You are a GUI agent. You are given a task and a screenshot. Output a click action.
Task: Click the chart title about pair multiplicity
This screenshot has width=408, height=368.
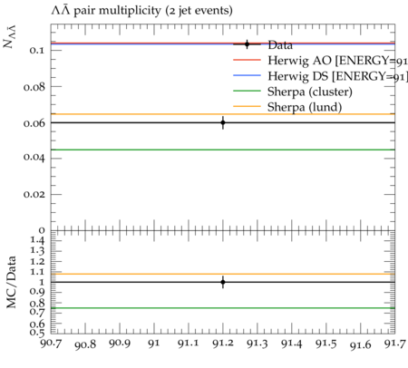141,11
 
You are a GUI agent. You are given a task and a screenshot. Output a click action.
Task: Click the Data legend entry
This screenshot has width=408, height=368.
280,45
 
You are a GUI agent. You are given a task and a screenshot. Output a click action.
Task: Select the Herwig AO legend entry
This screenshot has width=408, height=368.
337,61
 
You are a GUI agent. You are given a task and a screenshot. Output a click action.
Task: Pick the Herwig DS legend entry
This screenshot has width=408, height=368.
337,76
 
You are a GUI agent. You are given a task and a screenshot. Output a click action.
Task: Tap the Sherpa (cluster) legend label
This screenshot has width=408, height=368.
310,92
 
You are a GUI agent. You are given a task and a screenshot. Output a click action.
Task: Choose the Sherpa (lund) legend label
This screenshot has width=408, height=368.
305,107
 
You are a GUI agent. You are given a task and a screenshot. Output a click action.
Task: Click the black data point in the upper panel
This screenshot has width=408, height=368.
223,122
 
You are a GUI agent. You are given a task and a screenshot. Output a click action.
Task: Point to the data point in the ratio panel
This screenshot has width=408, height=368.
223,282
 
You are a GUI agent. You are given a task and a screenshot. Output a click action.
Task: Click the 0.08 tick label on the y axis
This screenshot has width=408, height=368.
34,87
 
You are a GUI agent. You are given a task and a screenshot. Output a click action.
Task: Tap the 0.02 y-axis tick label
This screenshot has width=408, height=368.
34,194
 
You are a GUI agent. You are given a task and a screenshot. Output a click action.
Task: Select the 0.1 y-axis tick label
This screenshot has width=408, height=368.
36,50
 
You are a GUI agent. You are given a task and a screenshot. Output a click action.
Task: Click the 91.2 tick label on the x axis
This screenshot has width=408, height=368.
223,344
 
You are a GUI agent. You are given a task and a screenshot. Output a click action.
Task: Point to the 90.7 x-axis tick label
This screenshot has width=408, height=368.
51,344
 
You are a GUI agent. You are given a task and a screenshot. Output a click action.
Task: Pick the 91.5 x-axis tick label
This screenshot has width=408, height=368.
326,344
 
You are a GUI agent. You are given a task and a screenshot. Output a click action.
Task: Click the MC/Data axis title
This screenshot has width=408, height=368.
12,282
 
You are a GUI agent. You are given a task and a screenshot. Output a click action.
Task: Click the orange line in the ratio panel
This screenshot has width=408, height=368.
223,274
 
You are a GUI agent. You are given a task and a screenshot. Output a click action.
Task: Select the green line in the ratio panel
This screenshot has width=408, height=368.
223,308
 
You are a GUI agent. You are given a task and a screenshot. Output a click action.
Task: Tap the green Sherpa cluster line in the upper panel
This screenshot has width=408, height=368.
223,150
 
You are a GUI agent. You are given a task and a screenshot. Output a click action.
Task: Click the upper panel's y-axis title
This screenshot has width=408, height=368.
10,37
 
